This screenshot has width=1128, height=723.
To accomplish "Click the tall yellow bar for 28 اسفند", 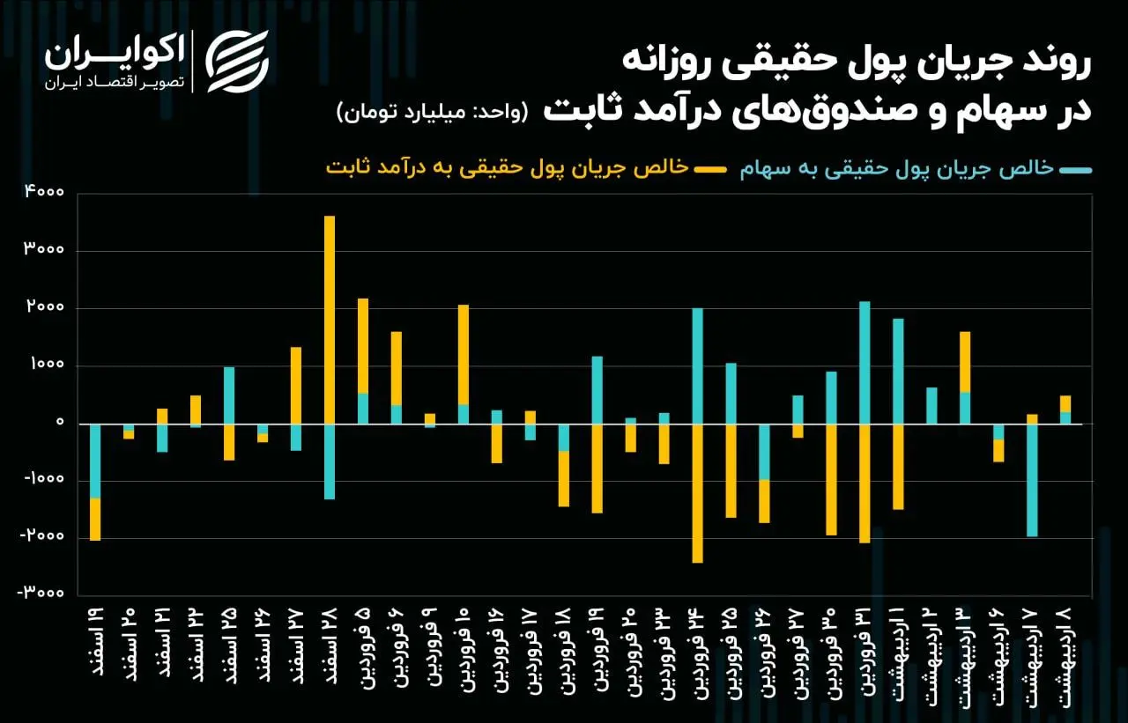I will [x=330, y=319].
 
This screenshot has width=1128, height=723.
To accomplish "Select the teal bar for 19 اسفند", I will [x=95, y=461].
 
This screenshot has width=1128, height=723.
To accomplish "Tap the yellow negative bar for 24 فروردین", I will [x=697, y=493].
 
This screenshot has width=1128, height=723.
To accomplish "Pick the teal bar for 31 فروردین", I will [x=865, y=363].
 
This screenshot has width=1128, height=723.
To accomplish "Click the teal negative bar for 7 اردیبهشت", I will [x=1032, y=480].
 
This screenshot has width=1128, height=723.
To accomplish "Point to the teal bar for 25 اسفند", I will [x=229, y=395].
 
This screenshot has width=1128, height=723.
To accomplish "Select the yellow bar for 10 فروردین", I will [x=464, y=354].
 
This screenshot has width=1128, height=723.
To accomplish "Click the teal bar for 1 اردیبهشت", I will [x=898, y=372].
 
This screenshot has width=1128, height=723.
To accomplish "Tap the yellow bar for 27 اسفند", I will [x=296, y=385].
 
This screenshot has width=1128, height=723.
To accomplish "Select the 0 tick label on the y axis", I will [x=59, y=424].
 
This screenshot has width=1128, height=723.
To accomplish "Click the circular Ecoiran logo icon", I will [x=237, y=62].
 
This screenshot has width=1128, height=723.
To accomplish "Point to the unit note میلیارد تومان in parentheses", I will [x=431, y=113].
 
